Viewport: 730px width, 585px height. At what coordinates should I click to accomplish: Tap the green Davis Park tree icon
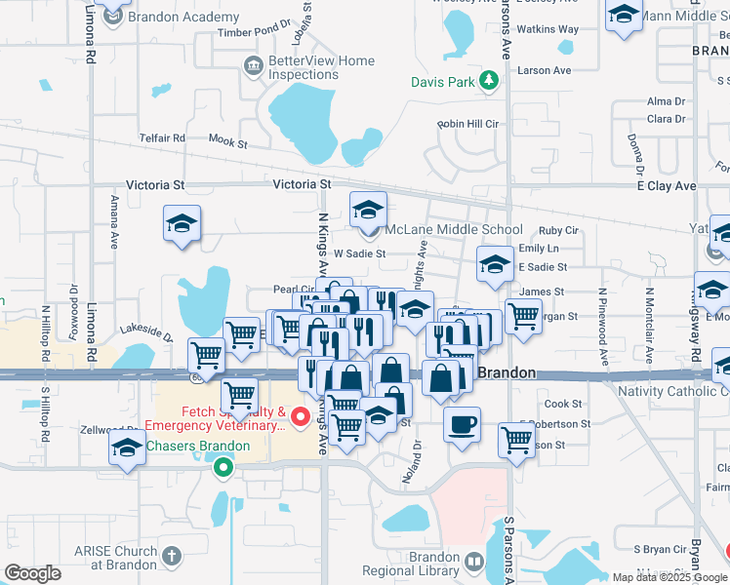pyautogui.click(x=491, y=83)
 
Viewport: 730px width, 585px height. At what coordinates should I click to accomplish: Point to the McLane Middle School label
pyautogui.click(x=440, y=230)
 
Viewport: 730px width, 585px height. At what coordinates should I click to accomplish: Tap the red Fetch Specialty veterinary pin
pyautogui.click(x=301, y=418)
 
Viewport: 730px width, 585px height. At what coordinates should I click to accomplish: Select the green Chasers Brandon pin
pyautogui.click(x=223, y=466)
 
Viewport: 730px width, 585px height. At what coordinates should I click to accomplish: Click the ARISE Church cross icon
pyautogui.click(x=172, y=557)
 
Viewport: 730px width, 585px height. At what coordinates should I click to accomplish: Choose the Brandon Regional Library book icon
pyautogui.click(x=474, y=562)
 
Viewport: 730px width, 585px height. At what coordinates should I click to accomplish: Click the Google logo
pyautogui.click(x=32, y=573)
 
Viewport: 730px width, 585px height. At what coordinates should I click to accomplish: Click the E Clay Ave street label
pyautogui.click(x=667, y=185)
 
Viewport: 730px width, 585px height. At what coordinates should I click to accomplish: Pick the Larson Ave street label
pyautogui.click(x=545, y=70)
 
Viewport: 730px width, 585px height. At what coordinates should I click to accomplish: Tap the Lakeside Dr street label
pyautogui.click(x=146, y=331)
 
